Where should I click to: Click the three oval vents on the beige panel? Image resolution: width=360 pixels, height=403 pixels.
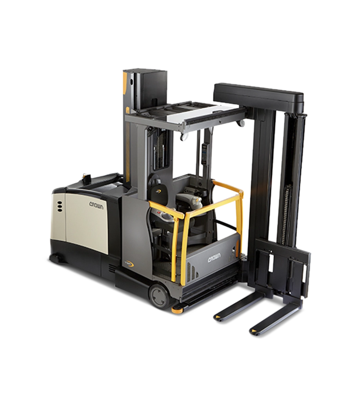[60, 206]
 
